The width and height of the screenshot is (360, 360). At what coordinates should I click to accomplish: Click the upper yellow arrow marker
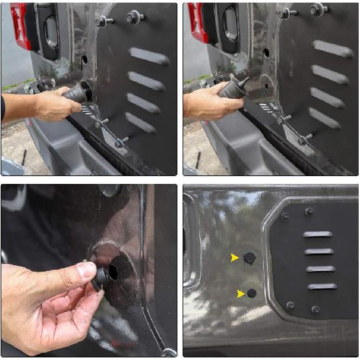point(235,258)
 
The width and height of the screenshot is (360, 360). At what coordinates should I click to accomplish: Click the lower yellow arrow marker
point(241,294)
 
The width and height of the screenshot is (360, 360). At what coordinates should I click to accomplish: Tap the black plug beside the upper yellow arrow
point(250,258)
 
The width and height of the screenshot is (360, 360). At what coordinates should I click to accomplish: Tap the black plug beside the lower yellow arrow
point(252,293)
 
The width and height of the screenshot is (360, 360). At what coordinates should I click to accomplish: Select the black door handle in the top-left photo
point(51,32)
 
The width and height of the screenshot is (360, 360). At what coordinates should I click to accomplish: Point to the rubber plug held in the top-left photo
point(76,93)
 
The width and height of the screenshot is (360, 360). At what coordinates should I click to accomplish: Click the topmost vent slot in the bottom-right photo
point(318,234)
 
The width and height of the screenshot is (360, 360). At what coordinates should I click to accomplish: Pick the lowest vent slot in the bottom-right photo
point(322,287)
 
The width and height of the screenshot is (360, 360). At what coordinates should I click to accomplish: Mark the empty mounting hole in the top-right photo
point(266,53)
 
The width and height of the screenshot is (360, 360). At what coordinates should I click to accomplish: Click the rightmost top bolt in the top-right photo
point(317,9)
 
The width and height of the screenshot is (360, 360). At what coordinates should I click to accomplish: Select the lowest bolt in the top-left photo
point(120,142)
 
